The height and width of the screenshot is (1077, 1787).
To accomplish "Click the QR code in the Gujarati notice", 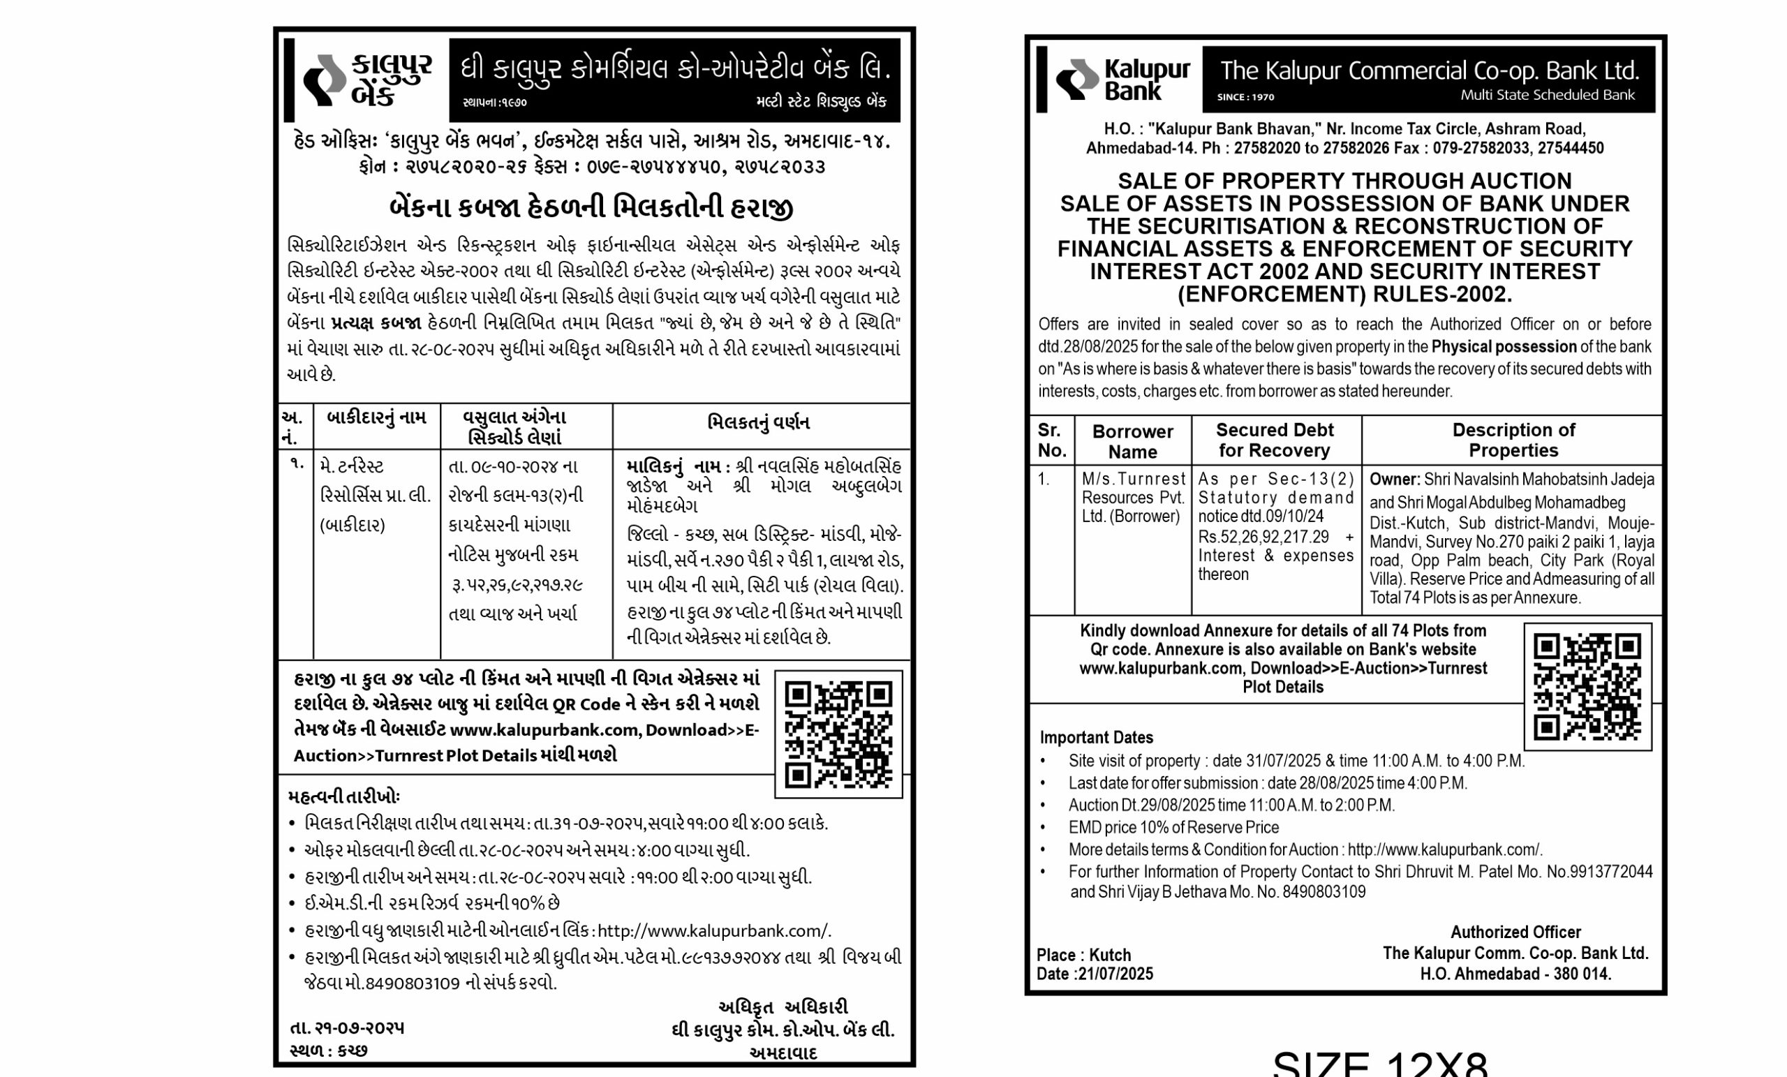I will click(838, 734).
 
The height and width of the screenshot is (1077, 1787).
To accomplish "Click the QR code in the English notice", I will click(1587, 686).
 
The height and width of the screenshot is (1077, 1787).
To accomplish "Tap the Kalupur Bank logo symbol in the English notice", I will click(1077, 79).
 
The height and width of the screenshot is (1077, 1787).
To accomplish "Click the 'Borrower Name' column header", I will click(1132, 441).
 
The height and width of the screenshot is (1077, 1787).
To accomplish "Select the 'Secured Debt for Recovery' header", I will click(1274, 440).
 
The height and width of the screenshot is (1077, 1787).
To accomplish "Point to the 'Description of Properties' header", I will click(1513, 440).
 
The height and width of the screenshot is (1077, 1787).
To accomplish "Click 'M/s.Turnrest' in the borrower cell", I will click(1133, 479).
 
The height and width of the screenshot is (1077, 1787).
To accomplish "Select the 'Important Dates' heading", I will click(1096, 738).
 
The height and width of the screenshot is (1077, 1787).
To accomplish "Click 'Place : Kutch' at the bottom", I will click(1083, 954).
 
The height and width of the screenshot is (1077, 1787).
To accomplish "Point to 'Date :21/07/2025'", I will click(1095, 974).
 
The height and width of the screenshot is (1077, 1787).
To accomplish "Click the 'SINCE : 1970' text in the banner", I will click(1245, 97).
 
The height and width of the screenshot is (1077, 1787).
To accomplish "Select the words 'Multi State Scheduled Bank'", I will click(1547, 95).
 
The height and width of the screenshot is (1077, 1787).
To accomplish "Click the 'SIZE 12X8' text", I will click(1380, 1064).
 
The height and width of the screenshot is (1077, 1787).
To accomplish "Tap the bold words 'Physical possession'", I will click(1504, 347).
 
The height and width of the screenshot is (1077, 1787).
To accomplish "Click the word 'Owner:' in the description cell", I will click(1394, 480).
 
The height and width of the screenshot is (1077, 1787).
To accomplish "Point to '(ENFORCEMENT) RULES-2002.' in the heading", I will click(1344, 295).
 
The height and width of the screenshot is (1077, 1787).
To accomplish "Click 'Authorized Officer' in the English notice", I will click(1515, 932).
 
